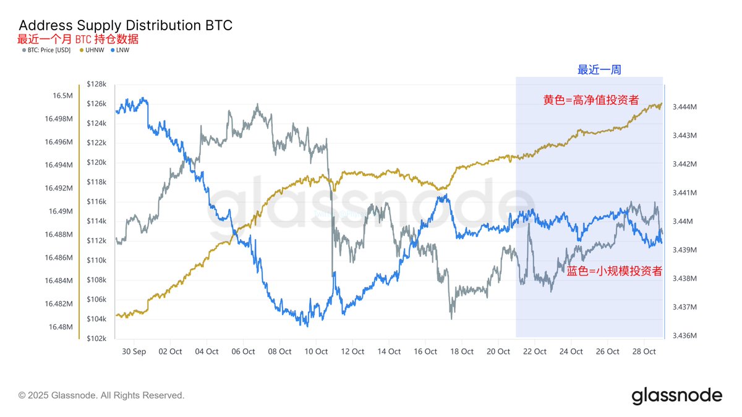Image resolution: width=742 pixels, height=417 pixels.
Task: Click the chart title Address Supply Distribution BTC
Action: point(126,25)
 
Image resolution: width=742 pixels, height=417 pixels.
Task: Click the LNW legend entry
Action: point(122,50)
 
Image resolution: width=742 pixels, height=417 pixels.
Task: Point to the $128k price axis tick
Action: point(96,84)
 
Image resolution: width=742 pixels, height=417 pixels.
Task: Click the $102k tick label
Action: point(96,339)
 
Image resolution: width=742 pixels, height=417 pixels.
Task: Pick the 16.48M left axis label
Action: point(61,327)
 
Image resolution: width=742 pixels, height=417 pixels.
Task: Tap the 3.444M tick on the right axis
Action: point(685,107)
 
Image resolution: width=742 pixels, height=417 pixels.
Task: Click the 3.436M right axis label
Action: point(685,336)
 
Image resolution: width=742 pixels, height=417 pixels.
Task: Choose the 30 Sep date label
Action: point(134,352)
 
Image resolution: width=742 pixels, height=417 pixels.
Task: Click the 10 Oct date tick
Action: point(316,352)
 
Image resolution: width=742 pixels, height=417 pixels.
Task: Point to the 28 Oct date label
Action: point(644,352)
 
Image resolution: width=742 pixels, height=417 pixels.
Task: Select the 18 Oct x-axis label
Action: point(462,352)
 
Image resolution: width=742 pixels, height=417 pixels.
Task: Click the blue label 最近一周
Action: point(599,70)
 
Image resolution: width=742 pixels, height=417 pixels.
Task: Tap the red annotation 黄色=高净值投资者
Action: point(591,100)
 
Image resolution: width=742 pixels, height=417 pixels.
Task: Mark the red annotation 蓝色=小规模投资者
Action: point(614,271)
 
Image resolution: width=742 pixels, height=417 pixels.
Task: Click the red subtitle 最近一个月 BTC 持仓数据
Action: point(78,39)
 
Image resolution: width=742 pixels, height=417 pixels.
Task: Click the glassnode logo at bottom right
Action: point(676,395)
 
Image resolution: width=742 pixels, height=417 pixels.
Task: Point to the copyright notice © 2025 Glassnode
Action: point(101,395)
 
